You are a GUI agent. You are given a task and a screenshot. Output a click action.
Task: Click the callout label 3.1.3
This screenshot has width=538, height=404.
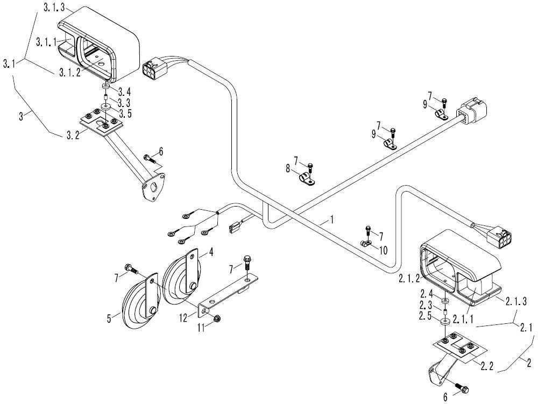click(54, 8)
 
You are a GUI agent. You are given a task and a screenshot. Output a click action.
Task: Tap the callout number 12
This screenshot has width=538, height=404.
click(183, 318)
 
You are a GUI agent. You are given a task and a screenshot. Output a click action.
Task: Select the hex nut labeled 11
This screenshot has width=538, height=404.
click(216, 318)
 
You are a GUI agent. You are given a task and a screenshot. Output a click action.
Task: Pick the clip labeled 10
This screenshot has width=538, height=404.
click(366, 244)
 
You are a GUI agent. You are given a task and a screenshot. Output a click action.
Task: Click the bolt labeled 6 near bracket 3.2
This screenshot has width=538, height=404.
click(148, 159)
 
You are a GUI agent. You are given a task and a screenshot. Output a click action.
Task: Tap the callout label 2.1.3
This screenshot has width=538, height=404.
click(515, 301)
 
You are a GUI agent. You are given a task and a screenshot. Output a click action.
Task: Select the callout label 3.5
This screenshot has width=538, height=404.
click(124, 114)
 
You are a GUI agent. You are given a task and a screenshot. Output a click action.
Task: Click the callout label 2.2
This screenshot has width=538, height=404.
click(487, 366)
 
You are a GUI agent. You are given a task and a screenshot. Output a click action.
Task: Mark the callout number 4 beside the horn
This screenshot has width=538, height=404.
click(211, 253)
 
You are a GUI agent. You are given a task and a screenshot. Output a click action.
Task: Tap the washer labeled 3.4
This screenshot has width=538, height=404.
click(106, 84)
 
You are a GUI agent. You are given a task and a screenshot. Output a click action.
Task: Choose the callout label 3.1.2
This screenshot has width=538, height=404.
click(69, 73)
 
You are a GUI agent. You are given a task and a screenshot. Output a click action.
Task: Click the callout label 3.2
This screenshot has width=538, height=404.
click(73, 135)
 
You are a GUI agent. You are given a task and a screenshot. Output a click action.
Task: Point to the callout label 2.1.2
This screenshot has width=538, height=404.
click(409, 278)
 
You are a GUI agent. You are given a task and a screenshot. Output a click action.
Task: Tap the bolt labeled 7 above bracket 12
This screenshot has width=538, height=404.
click(247, 262)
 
